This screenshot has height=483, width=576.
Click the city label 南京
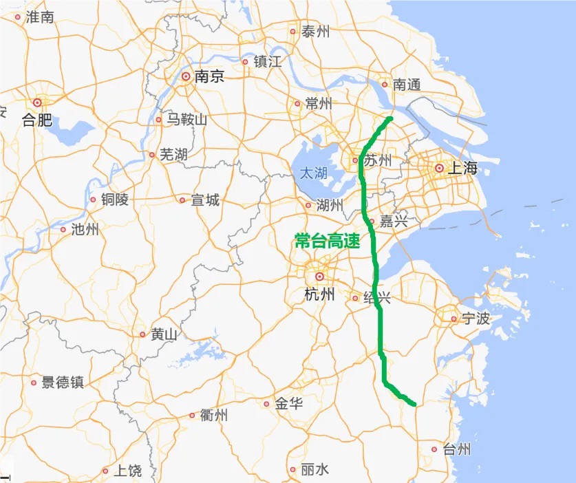coord(209,77)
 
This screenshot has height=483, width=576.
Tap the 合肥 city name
coord(36,120)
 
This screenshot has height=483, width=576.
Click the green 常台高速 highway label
coord(327,241)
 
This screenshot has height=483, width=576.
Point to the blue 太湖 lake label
coord(313,173)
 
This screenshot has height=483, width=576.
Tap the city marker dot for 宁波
coord(454,319)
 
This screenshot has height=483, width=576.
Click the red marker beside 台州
coord(434,449)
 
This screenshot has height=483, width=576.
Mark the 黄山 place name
coord(164,335)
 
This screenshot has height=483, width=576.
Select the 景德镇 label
coord(63,383)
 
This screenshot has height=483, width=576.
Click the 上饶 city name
coord(127,471)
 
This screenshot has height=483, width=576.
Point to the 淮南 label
coord(39,18)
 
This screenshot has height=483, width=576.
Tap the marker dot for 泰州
coord(293,31)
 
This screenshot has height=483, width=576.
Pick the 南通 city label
coord(406,85)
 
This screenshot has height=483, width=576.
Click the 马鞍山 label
coord(186,120)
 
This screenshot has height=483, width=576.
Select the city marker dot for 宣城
coord(182,200)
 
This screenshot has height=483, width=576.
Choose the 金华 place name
coord(288,404)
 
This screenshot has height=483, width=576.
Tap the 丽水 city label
coord(314,470)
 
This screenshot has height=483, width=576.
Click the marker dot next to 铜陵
coord(93,200)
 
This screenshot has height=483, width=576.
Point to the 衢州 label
coord(214,416)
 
